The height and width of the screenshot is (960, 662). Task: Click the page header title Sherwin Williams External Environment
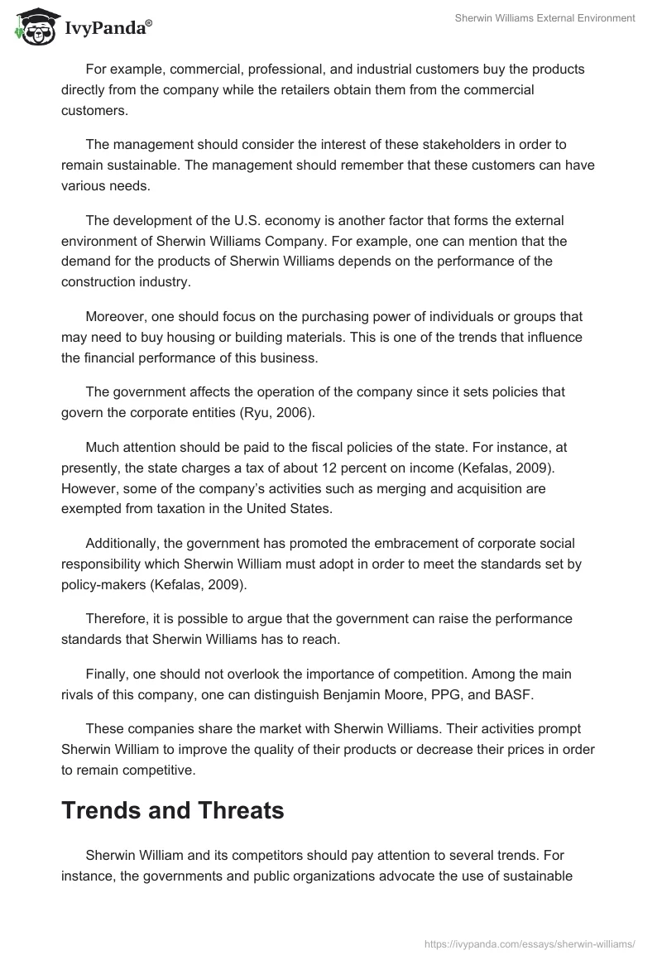[544, 18]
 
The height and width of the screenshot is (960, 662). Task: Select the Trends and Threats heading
[172, 811]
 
